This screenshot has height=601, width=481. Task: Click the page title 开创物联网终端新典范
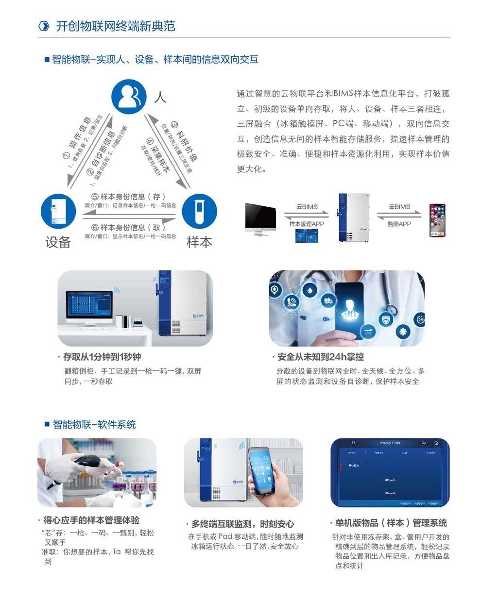pyautogui.click(x=116, y=26)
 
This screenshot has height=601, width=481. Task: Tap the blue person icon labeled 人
pyautogui.click(x=128, y=97)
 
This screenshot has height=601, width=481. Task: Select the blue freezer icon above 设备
pyautogui.click(x=58, y=212)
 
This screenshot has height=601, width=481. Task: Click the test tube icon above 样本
pyautogui.click(x=199, y=212)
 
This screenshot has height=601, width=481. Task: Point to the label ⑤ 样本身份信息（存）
pyautogui.click(x=129, y=197)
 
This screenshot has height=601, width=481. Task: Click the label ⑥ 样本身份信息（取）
pyautogui.click(x=129, y=227)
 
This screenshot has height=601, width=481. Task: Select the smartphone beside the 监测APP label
pyautogui.click(x=437, y=220)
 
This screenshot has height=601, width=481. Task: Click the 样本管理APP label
pyautogui.click(x=307, y=224)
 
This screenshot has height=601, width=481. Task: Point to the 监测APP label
pyautogui.click(x=399, y=224)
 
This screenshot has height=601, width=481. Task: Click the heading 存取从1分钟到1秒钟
pyautogui.click(x=102, y=357)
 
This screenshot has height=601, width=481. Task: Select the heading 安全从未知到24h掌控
pyautogui.click(x=320, y=357)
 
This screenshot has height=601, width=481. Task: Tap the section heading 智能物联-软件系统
pyautogui.click(x=94, y=424)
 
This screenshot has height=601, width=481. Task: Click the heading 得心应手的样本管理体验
pyautogui.click(x=91, y=520)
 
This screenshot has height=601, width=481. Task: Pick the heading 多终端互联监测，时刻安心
pyautogui.click(x=242, y=524)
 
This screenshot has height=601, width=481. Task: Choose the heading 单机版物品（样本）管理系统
pyautogui.click(x=391, y=523)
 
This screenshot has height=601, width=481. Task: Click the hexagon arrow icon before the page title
pyautogui.click(x=44, y=26)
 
